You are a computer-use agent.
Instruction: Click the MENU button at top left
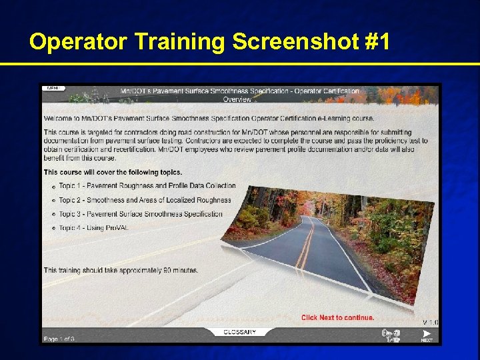click(x=53, y=88)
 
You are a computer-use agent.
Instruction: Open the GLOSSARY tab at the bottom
click(x=239, y=331)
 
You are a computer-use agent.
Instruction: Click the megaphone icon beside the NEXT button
click(x=391, y=335)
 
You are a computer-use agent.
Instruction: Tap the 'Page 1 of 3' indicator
click(x=59, y=339)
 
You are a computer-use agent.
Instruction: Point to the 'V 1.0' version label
click(x=430, y=323)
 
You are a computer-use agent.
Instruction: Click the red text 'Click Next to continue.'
click(x=337, y=317)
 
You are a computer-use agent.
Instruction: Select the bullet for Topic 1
click(x=53, y=187)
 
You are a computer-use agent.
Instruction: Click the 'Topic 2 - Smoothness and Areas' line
click(x=145, y=200)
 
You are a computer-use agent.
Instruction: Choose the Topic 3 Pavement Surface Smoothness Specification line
click(x=140, y=214)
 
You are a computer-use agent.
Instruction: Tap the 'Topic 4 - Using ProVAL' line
click(x=93, y=228)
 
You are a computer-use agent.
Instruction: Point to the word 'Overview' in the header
click(x=237, y=99)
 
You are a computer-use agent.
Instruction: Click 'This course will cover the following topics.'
click(x=113, y=172)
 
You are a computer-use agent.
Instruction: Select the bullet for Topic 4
click(x=53, y=229)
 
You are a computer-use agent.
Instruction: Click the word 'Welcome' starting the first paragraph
click(x=59, y=118)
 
